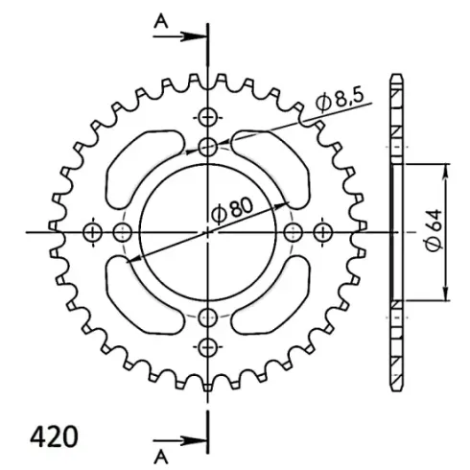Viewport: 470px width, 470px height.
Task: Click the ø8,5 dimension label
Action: click(x=340, y=100)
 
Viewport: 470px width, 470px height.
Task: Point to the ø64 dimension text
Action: click(x=435, y=230)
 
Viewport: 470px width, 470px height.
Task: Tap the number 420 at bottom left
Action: click(x=54, y=436)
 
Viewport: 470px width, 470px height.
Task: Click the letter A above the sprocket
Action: click(x=161, y=22)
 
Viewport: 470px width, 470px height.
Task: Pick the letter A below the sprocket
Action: click(x=161, y=458)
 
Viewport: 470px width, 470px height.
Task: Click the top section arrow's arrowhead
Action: click(x=194, y=36)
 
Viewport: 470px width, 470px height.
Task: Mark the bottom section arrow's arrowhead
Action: click(x=194, y=441)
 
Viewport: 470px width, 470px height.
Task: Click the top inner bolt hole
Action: click(x=208, y=147)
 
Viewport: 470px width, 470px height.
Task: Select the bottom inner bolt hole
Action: click(x=208, y=317)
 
